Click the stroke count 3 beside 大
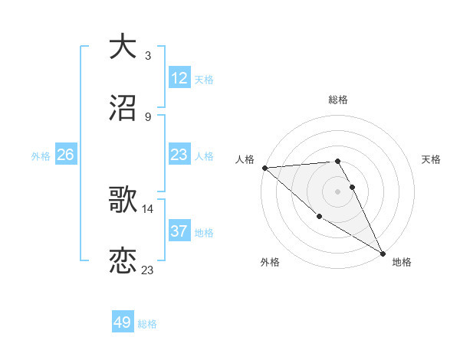(147, 55)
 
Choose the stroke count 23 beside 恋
(147, 270)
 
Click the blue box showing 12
(179, 78)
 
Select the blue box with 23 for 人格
(179, 155)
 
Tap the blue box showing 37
(179, 231)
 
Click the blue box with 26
(65, 155)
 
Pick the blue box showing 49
(123, 322)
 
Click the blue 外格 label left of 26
(41, 156)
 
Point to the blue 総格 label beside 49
(148, 324)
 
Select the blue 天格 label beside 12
(204, 80)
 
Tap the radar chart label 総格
(338, 100)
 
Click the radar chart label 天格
(432, 159)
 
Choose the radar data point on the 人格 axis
(264, 168)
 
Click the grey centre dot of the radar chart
(338, 191)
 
